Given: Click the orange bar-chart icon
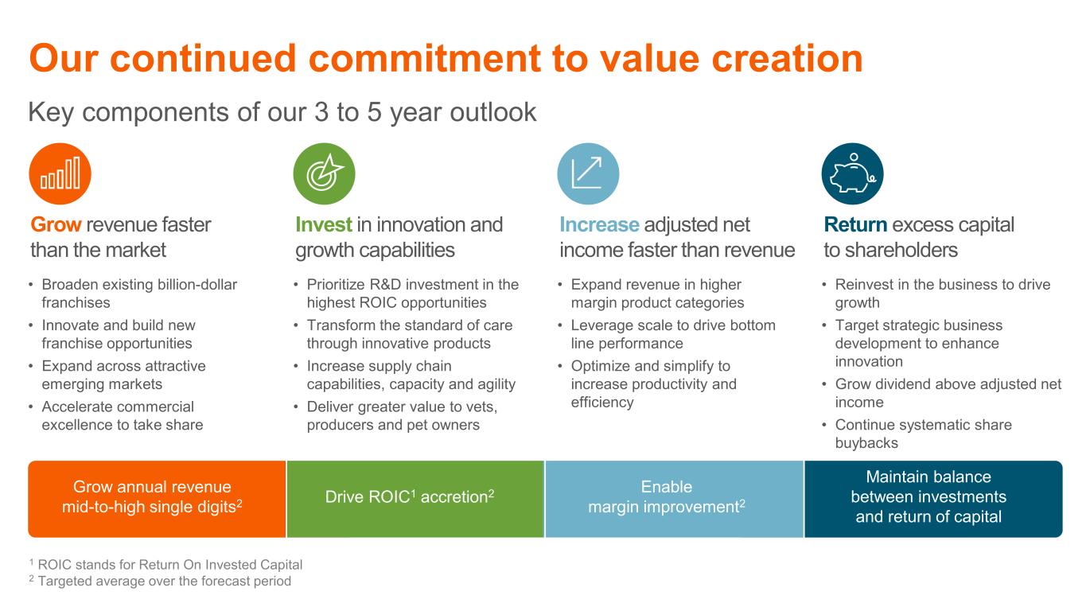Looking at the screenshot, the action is point(60,173).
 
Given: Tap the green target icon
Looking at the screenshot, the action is point(325,173).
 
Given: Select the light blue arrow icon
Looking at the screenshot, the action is point(588,173).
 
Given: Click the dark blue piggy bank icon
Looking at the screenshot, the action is point(852,173).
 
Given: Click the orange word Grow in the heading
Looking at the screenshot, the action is point(56,225).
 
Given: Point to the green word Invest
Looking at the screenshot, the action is point(323,225).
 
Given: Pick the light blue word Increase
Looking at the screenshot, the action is point(599,225).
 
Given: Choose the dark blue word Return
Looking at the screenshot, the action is point(855,225).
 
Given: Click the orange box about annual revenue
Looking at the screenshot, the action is point(157,499).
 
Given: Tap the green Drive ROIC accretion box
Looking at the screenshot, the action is point(415,499).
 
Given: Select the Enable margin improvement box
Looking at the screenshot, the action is point(675,499).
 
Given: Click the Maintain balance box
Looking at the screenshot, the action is point(934,499).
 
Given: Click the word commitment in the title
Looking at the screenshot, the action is point(424,59).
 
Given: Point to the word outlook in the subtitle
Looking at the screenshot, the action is point(493,112).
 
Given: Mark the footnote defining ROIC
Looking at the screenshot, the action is point(165,564).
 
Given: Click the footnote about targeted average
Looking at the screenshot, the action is point(160,581).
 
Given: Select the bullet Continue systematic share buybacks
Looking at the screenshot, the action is point(923,434).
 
